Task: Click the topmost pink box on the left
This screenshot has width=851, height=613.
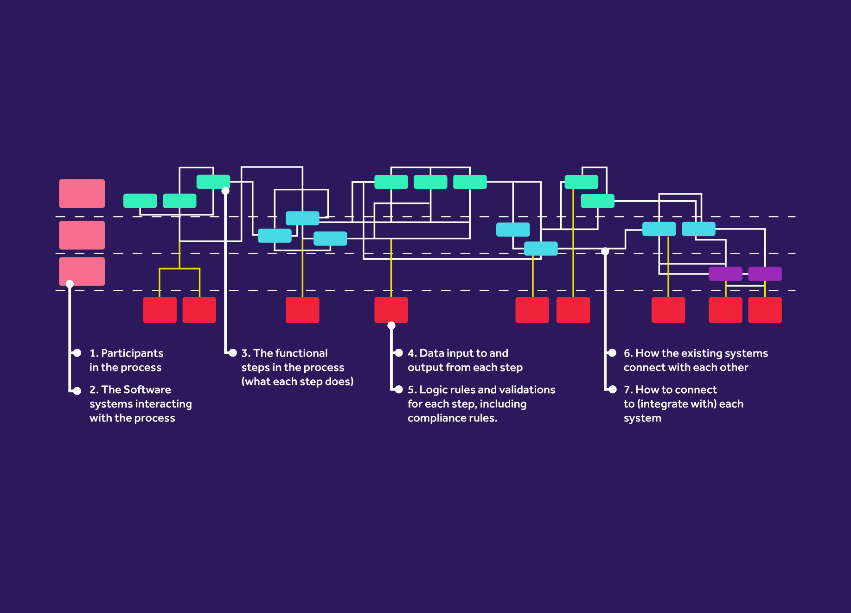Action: click(82, 193)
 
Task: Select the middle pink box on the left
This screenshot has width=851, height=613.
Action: click(82, 235)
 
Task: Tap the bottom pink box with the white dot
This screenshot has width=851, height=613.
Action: click(82, 271)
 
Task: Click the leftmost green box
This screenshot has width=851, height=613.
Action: click(140, 201)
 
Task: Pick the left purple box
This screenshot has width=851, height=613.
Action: click(725, 274)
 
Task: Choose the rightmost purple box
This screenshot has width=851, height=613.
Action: click(765, 274)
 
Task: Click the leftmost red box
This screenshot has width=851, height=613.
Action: click(160, 310)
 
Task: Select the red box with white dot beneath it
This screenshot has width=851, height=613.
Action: click(391, 310)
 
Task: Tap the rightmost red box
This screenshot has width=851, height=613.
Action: click(765, 310)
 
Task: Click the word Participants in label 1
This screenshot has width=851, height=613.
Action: click(132, 353)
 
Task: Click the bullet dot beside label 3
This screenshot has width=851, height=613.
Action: click(233, 353)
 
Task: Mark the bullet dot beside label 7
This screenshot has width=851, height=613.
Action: click(613, 390)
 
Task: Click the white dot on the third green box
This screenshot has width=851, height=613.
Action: click(225, 191)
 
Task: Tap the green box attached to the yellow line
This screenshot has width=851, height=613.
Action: click(581, 182)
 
